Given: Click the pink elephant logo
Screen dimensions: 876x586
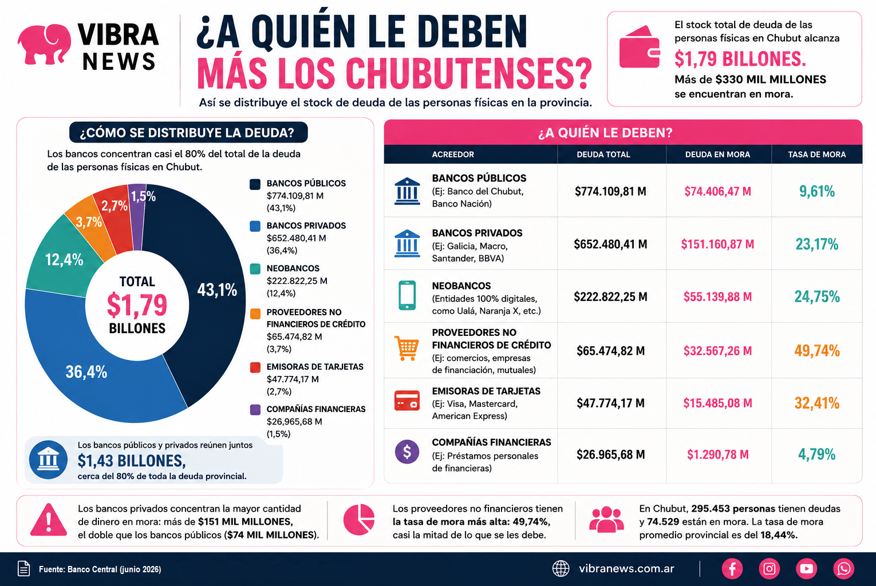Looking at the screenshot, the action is tap(44, 44).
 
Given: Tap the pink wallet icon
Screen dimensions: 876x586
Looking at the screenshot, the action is tap(640, 47).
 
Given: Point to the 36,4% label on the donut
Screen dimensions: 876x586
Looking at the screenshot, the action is tap(86, 372).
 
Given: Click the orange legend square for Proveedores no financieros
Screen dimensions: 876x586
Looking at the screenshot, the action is tap(255, 314).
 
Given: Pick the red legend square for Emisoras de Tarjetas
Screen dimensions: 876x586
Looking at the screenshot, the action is tap(255, 367).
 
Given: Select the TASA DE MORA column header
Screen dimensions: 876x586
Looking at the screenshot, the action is tap(816, 155).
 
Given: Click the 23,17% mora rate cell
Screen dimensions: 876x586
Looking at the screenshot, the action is tap(817, 244).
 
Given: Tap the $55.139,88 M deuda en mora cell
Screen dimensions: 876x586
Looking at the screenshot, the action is tap(717, 296).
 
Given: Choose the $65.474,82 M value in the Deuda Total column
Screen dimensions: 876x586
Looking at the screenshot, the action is tap(610, 351).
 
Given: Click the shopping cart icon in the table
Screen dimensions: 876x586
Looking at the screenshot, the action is tap(407, 348).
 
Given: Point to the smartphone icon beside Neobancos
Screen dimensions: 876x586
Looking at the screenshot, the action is tap(407, 295).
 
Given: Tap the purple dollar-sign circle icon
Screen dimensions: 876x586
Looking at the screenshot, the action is tap(407, 452).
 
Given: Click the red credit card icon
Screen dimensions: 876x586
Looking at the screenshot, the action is tap(407, 401).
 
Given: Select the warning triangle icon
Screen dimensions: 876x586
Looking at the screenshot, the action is tap(49, 520).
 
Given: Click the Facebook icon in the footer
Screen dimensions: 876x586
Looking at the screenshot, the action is tap(732, 568).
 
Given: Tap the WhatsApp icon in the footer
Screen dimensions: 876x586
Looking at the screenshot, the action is tap(843, 568).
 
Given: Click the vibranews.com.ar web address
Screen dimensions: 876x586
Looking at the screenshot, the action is tap(626, 569).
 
